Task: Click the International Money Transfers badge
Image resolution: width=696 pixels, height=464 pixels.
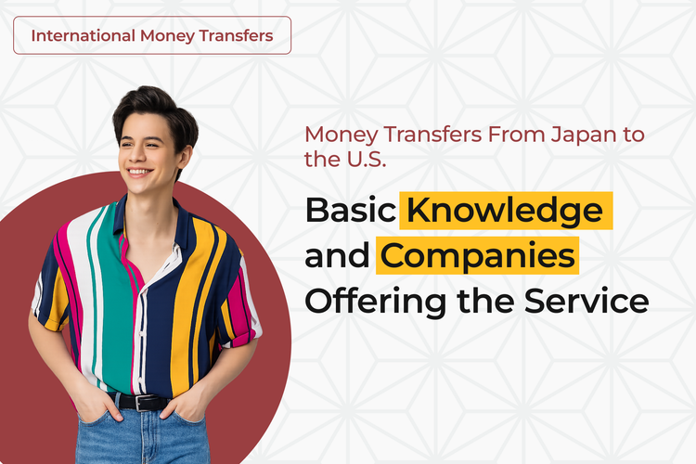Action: click(152, 35)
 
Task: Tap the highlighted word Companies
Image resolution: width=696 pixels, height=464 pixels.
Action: click(476, 256)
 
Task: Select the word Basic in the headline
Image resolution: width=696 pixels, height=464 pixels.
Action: click(350, 212)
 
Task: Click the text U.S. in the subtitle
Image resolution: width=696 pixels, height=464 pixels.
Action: click(360, 159)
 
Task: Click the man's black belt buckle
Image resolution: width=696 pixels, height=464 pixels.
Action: click(141, 403)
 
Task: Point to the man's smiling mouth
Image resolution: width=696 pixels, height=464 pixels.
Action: click(140, 173)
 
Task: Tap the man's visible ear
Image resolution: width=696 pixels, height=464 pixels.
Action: click(179, 150)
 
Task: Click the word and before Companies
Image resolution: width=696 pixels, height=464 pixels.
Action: click(338, 256)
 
